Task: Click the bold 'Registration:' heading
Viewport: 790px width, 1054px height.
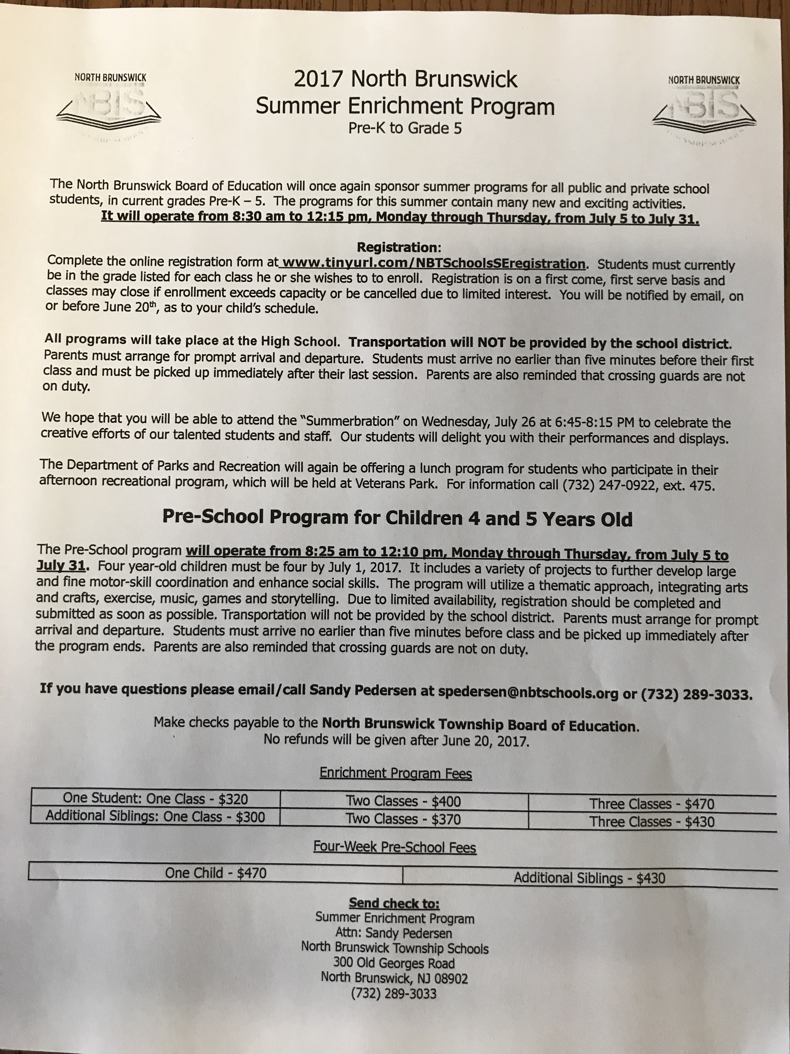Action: coord(399,247)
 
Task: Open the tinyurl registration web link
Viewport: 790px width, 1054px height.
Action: coord(433,263)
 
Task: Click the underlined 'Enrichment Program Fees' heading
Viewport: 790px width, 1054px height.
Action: coord(396,773)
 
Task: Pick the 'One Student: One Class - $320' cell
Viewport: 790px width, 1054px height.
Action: coord(155,799)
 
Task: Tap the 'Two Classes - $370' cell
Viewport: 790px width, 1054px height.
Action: coord(403,819)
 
